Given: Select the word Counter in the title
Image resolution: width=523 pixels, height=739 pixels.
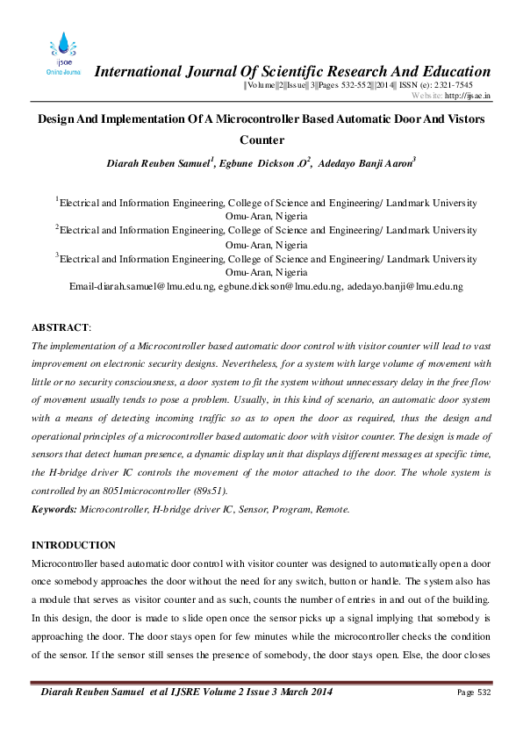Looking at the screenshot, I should point(261,140).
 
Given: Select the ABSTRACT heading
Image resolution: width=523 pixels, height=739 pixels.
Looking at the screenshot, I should point(60,327).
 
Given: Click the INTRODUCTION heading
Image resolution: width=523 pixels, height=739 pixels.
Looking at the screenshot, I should point(74,545).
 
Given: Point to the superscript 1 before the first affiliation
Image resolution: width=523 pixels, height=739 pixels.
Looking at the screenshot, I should point(58,199).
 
